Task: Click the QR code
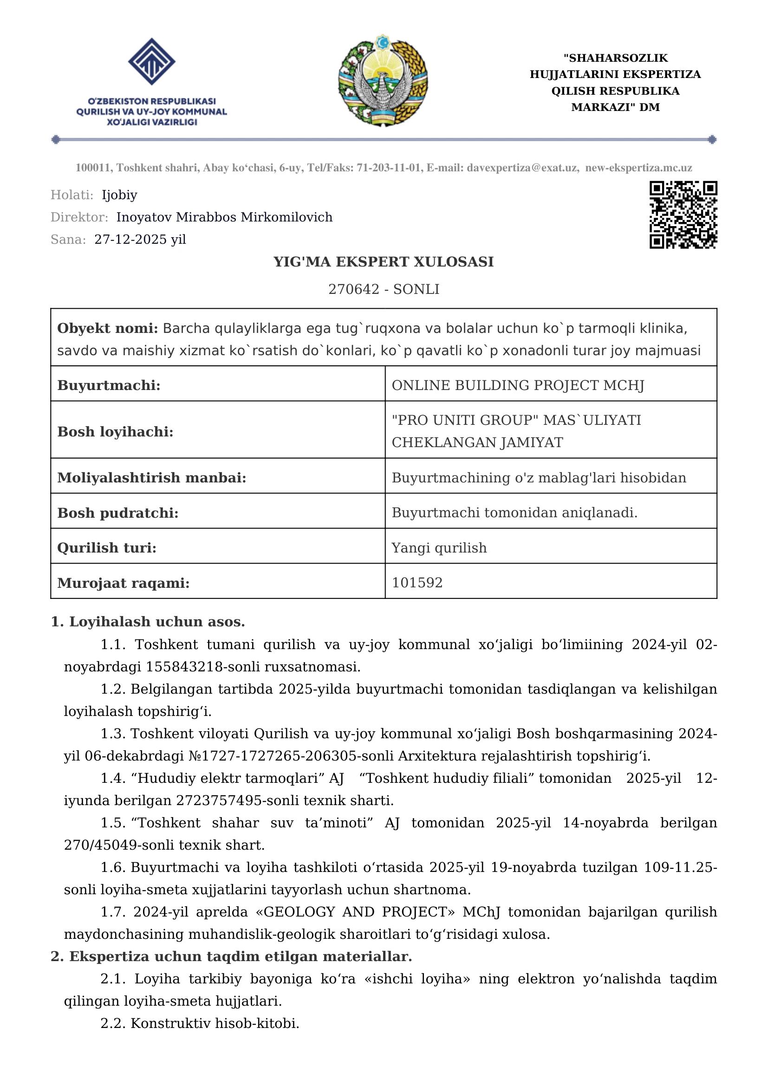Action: point(683,215)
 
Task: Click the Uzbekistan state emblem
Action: point(383,80)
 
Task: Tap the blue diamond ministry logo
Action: point(151,61)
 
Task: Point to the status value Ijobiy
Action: point(119,195)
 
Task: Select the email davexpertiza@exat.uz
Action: point(522,168)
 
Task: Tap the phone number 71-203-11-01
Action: point(389,168)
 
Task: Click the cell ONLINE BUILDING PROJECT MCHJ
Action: point(518,385)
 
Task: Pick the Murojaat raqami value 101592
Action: point(417,583)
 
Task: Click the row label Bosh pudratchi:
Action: point(118,513)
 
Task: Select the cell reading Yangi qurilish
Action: point(439,548)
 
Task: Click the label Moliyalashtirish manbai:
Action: point(152,478)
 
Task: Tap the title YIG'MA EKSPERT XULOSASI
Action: point(384,261)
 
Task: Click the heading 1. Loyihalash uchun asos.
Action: point(148,622)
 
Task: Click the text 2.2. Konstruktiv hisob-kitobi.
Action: point(200,1024)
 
